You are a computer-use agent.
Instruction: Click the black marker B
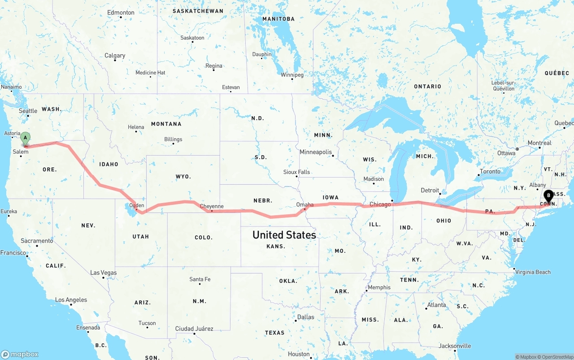click(548, 196)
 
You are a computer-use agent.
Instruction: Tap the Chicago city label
click(380, 204)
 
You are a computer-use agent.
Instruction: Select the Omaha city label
click(305, 204)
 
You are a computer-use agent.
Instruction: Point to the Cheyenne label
click(212, 206)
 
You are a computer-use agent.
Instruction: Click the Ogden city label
click(136, 205)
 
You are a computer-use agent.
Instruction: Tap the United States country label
click(284, 234)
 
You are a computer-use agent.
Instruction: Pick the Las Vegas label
click(103, 273)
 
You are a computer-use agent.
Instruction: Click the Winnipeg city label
click(292, 75)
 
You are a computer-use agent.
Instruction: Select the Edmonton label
click(121, 13)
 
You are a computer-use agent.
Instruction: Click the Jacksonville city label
click(455, 346)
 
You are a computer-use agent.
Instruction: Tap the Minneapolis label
click(316, 152)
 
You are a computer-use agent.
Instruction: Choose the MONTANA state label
click(166, 124)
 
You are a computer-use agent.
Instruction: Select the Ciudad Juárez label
click(194, 329)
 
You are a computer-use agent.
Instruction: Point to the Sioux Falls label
click(296, 172)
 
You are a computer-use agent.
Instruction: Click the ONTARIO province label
click(427, 86)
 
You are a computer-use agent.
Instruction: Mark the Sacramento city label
click(37, 241)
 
